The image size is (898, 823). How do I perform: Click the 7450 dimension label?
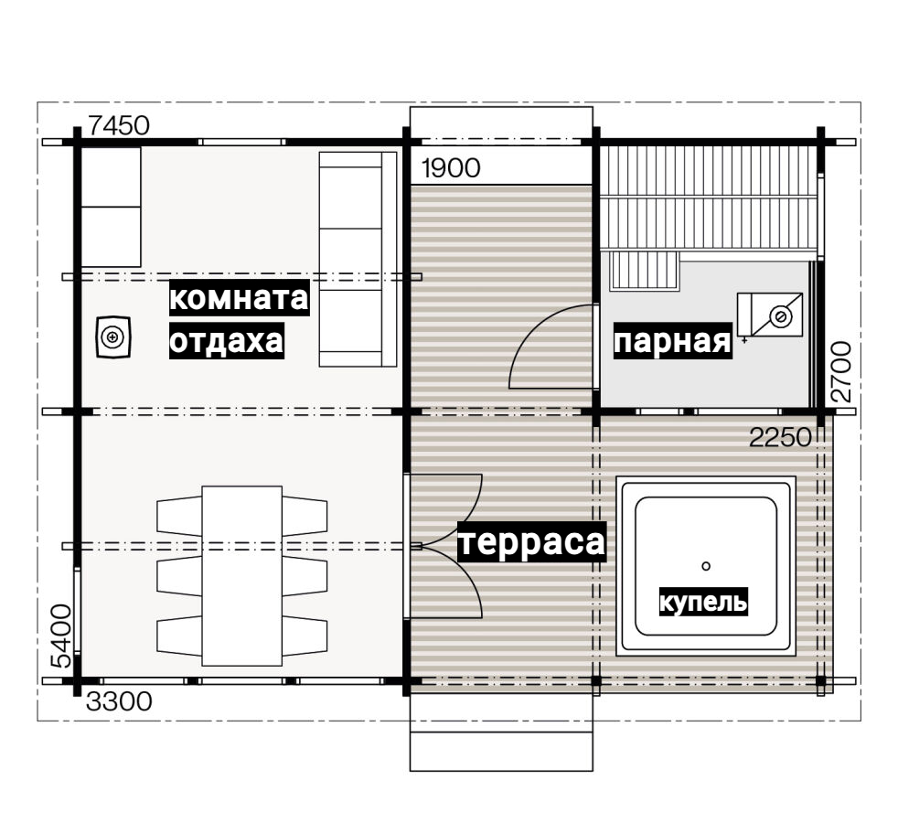[119, 125]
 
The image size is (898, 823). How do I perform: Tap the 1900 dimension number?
[451, 168]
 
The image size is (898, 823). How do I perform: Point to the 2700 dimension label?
[840, 371]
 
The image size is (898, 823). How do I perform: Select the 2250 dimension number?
[781, 438]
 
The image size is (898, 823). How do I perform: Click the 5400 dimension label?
[61, 636]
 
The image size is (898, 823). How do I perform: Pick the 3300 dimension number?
[119, 701]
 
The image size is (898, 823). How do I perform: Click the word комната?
[239, 298]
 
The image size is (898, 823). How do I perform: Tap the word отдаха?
[226, 341]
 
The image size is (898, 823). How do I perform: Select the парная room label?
[672, 341]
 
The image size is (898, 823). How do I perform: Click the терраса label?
[532, 541]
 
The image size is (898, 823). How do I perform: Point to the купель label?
[703, 602]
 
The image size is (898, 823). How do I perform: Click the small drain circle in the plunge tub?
[706, 566]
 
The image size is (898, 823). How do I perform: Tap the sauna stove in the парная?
[770, 315]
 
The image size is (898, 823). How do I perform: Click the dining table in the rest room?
[241, 575]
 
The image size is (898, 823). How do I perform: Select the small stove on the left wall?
[112, 337]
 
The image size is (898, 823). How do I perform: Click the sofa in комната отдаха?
[358, 259]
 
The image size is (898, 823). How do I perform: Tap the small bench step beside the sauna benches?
[645, 271]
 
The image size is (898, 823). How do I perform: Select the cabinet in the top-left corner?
[111, 207]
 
